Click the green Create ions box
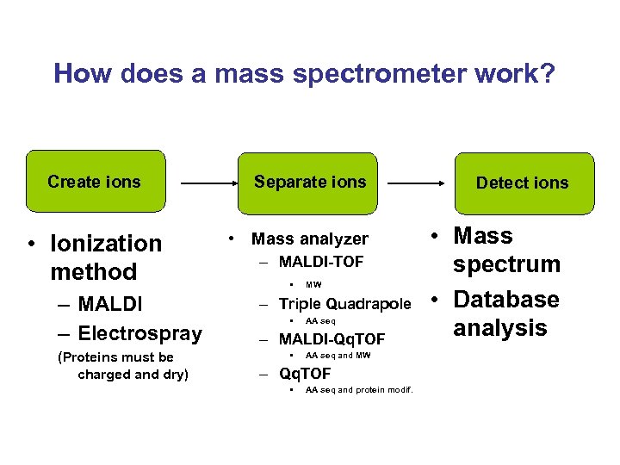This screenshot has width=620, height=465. click(x=95, y=182)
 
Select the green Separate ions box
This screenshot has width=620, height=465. click(x=310, y=182)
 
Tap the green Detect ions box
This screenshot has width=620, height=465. click(x=522, y=183)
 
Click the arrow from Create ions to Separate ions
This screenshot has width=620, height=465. click(x=209, y=183)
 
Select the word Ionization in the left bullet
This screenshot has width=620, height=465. click(x=106, y=244)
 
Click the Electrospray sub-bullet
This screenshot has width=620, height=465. click(x=140, y=333)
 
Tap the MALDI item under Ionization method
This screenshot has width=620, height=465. click(x=110, y=305)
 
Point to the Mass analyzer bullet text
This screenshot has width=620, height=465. click(x=310, y=239)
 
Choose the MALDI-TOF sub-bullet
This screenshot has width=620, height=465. click(x=321, y=261)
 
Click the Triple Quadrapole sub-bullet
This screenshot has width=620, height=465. click(x=345, y=304)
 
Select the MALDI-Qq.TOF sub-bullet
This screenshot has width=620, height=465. click(x=332, y=339)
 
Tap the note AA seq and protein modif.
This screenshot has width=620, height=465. click(x=359, y=390)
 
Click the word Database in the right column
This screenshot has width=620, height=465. click(x=506, y=300)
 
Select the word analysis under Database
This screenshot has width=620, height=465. click(x=500, y=328)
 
